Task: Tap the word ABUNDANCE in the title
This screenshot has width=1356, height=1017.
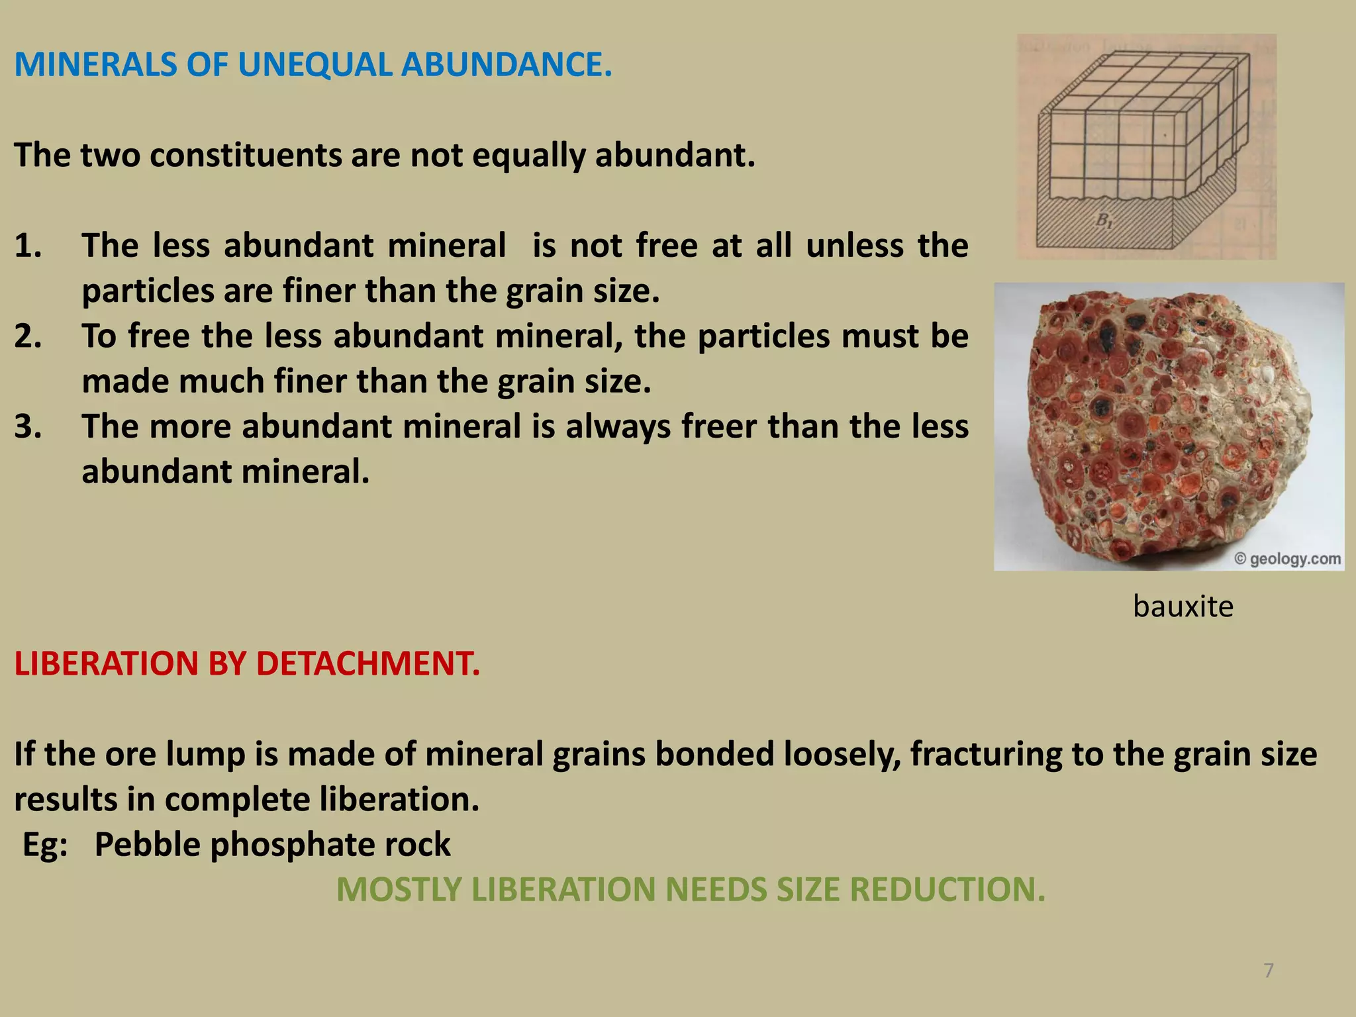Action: click(507, 65)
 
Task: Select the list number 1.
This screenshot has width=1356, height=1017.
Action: click(28, 246)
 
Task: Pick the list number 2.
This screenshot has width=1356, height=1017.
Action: click(28, 336)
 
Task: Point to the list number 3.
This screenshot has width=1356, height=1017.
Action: click(28, 427)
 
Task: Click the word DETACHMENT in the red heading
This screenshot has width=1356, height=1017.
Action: click(368, 664)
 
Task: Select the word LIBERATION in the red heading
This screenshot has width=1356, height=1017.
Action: click(106, 664)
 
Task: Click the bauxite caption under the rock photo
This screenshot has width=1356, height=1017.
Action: click(1183, 606)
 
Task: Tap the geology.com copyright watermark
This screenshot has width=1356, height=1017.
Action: click(1288, 559)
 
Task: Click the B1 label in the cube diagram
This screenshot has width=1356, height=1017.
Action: click(1104, 220)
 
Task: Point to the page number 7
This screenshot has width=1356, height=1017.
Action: click(1269, 971)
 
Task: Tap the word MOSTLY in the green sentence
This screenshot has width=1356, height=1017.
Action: click(399, 890)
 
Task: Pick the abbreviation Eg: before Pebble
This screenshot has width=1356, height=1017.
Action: click(45, 846)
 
